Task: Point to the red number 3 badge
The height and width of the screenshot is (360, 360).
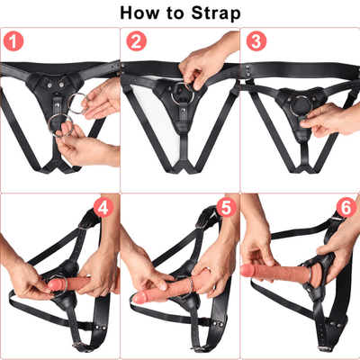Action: tap(255, 42)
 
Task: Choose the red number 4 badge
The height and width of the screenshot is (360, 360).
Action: tap(104, 208)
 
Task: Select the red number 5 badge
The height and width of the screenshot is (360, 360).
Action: tap(225, 208)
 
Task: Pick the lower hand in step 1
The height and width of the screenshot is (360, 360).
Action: tap(85, 144)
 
